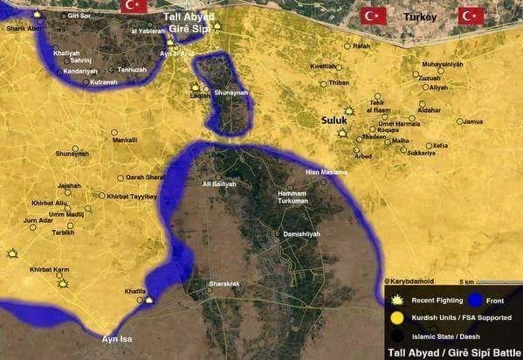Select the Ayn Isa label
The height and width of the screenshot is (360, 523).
click(117, 338)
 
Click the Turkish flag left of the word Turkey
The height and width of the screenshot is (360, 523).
click(374, 16)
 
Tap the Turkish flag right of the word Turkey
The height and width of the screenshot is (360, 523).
click(471, 16)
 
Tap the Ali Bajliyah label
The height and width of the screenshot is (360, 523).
click(218, 184)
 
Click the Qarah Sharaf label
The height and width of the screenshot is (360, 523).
click(146, 177)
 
